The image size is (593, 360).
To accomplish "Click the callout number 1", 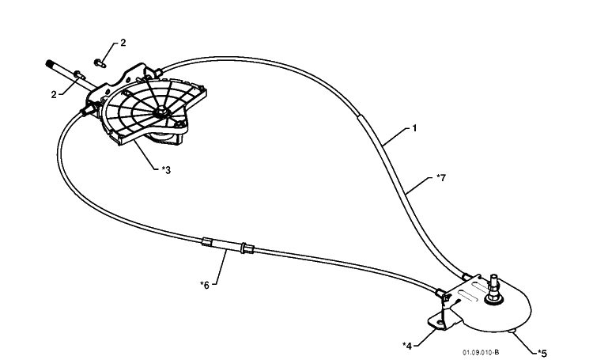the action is coord(414,128).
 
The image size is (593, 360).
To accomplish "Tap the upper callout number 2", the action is coord(123,43).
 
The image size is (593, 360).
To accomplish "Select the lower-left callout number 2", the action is coord(54,95).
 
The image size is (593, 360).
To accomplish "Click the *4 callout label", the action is coord(407,346).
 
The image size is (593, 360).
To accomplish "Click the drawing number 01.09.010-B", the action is coord(480,352).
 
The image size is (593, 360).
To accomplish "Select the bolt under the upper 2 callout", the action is coord(100,63).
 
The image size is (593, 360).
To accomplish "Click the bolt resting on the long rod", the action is coord(80,75).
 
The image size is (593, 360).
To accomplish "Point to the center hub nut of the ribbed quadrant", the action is coord(161,112).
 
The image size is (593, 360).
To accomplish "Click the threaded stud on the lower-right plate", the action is coord(494,289).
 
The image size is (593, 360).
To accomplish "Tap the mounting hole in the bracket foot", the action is coord(440,323).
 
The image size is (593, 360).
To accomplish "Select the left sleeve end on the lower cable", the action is coord(206,241).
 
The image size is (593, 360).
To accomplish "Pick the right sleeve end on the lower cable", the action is coord(247,248).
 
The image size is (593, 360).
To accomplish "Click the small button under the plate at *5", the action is coord(512,332).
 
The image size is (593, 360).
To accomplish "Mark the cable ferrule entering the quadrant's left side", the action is coord(87,111).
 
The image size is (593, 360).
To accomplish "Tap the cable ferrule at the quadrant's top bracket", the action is coord(157,70).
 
